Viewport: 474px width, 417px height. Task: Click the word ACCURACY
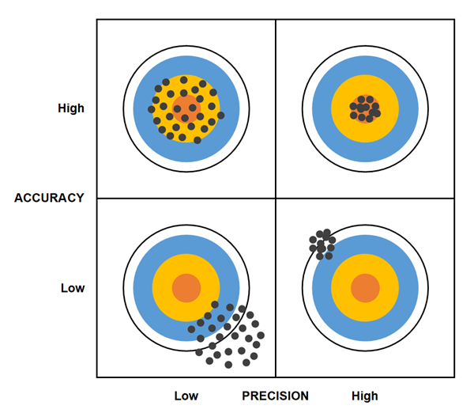point(49,198)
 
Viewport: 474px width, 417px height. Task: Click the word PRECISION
point(275,396)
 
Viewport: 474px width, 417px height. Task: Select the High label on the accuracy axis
point(71,108)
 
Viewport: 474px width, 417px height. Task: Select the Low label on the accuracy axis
point(73,288)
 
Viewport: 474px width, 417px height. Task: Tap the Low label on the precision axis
point(186,396)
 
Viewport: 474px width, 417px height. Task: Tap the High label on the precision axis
point(365,396)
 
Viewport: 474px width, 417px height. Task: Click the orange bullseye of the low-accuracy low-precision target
point(186,287)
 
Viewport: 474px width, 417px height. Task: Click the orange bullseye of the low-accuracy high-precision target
point(364,287)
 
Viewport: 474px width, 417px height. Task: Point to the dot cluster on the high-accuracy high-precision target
point(364,108)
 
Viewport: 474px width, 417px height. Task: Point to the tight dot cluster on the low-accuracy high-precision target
point(322,245)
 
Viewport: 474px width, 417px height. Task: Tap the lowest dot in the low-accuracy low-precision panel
point(228,365)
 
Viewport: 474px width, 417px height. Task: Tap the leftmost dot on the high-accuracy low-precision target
point(151,109)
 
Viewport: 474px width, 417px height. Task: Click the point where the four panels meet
point(275,198)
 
